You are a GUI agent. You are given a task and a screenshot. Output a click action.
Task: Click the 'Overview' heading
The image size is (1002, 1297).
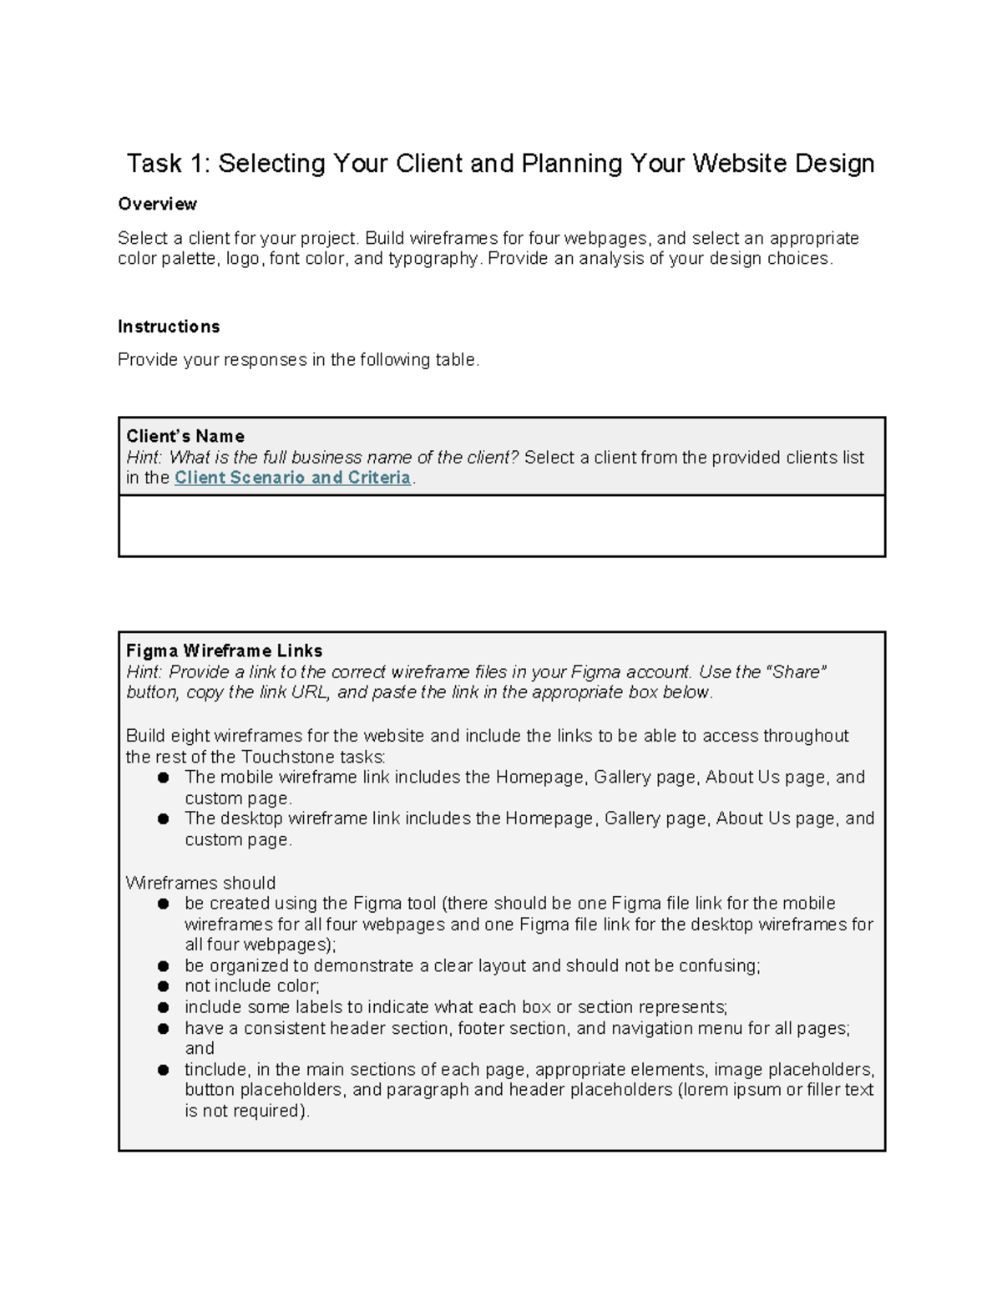pyautogui.click(x=157, y=205)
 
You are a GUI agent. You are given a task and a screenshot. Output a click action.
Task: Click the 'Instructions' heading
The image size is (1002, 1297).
pyautogui.click(x=169, y=327)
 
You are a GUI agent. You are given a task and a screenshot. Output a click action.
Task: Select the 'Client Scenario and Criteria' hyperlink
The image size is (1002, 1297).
pyautogui.click(x=292, y=478)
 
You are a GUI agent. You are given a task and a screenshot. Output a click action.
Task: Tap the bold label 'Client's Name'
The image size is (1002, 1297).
pyautogui.click(x=185, y=436)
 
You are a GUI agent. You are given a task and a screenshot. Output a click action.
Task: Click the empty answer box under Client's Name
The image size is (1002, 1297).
pyautogui.click(x=501, y=526)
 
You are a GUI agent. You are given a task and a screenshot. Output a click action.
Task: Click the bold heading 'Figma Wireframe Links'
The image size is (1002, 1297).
pyautogui.click(x=224, y=651)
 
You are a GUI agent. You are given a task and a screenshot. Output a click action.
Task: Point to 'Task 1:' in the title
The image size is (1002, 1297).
pyautogui.click(x=167, y=163)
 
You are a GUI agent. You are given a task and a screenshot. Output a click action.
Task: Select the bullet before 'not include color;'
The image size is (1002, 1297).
pyautogui.click(x=164, y=986)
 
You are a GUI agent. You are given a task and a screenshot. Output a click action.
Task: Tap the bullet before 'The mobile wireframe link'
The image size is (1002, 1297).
pyautogui.click(x=164, y=778)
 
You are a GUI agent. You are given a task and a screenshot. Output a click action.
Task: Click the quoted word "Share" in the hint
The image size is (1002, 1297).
pyautogui.click(x=797, y=671)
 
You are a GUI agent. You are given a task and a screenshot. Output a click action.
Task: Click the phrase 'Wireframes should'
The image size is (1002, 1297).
pyautogui.click(x=200, y=883)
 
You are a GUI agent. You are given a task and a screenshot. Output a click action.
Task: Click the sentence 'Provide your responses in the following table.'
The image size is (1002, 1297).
pyautogui.click(x=299, y=360)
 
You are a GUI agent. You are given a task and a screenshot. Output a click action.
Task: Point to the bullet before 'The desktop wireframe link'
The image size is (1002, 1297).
pyautogui.click(x=164, y=818)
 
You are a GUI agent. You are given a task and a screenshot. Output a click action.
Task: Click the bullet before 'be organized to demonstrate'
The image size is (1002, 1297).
pyautogui.click(x=164, y=965)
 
